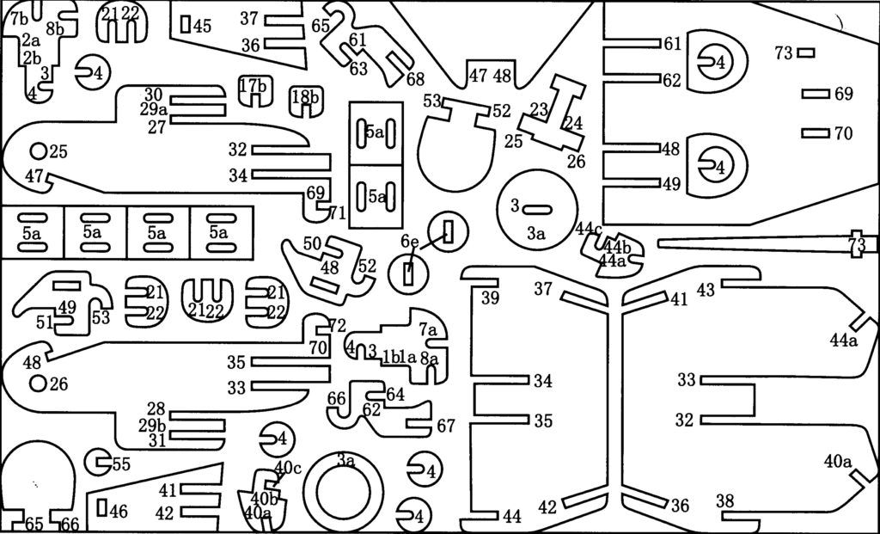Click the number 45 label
pos(202,26)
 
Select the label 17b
pos(253,86)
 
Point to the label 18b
pos(305,96)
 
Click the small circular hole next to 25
pos(38,151)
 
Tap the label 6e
pos(410,243)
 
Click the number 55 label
pos(121,464)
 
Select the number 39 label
pos(490,298)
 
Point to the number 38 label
pos(725,500)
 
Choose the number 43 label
pos(706,291)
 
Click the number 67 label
pos(446,426)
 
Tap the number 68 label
pos(416,79)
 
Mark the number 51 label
pos(45,322)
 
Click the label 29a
pos(153,109)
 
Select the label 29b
pos(152,425)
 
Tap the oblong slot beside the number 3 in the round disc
pos(537,207)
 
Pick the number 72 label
pos(337,326)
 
